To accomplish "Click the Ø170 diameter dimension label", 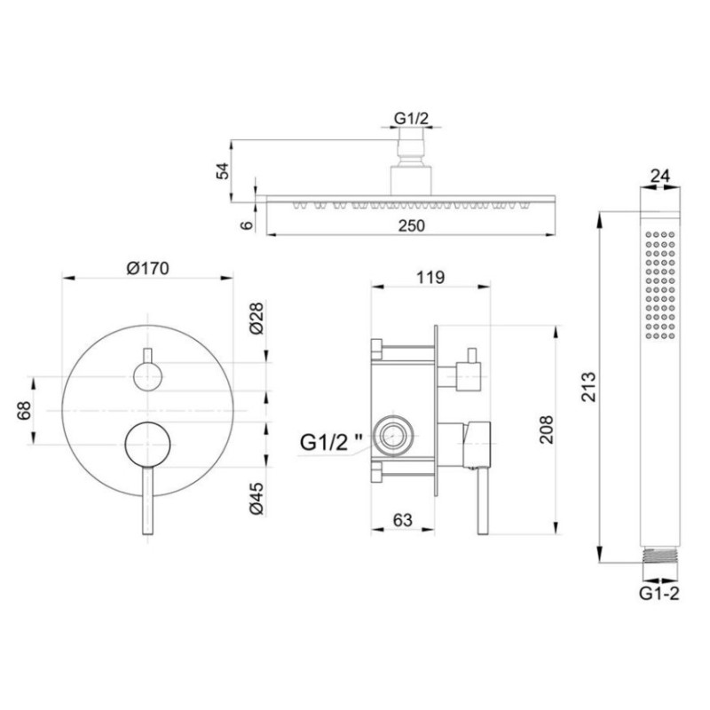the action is [x=147, y=268].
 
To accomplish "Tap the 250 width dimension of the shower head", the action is [x=412, y=225].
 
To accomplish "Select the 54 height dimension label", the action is [x=223, y=170].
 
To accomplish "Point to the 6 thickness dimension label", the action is [x=247, y=225].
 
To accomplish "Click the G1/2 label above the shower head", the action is [x=411, y=118].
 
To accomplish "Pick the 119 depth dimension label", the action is [x=430, y=277].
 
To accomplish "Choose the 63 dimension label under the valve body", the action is [x=403, y=520].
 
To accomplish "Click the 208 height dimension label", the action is [x=546, y=430].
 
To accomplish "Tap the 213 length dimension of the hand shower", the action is [x=589, y=387].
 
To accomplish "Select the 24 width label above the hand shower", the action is [x=659, y=176].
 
